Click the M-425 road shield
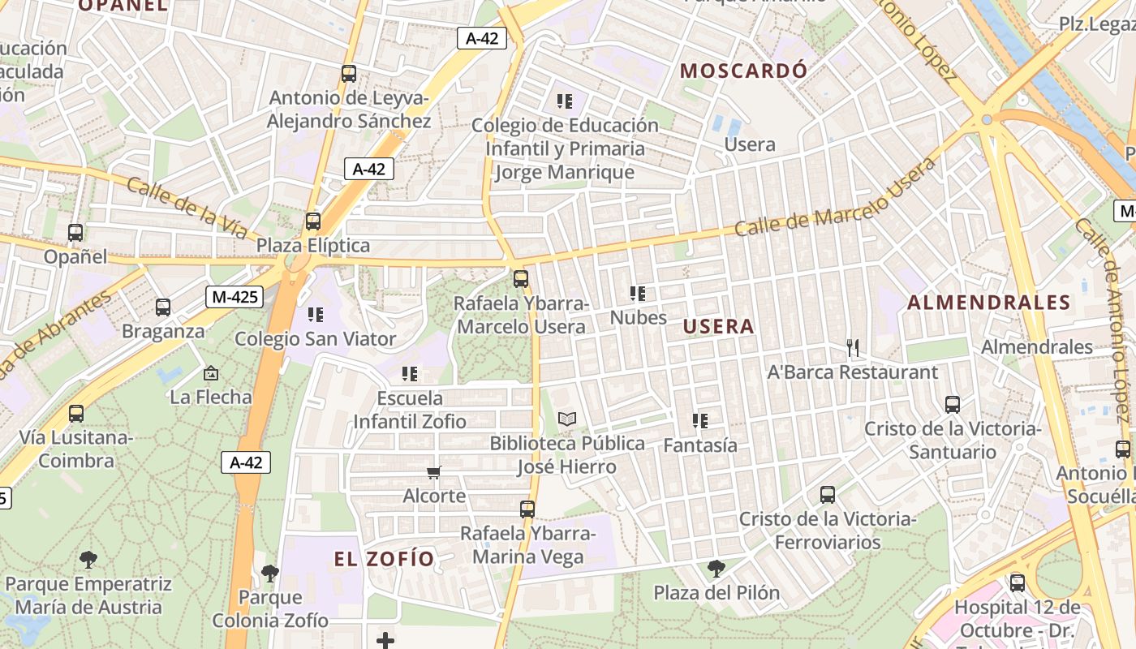(x=235, y=297)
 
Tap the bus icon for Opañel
(x=75, y=233)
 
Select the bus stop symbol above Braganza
(x=163, y=307)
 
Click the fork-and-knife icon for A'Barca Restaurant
(x=852, y=348)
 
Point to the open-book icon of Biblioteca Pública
(x=567, y=419)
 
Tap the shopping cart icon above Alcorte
(x=434, y=472)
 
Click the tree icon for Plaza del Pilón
(x=716, y=569)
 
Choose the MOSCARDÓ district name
(x=743, y=71)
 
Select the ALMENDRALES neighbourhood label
(x=988, y=303)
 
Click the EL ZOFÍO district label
(x=385, y=559)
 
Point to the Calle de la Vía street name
(x=187, y=208)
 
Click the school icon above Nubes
(x=638, y=294)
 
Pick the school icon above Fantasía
(x=700, y=421)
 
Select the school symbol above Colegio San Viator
(x=315, y=314)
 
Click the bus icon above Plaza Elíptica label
(x=313, y=221)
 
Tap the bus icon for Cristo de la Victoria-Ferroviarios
(x=828, y=494)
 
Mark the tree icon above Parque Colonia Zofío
(x=270, y=574)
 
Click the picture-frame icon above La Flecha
(x=211, y=373)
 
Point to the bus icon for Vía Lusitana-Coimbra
(x=76, y=413)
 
